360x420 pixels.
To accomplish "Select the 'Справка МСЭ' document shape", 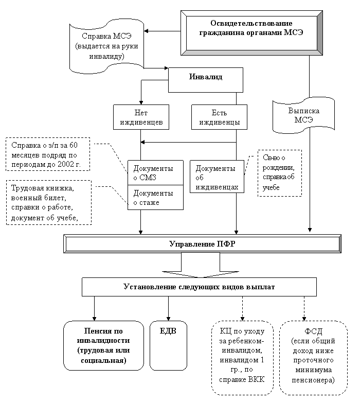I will [x=106, y=46].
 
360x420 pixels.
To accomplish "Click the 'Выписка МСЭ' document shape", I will [x=303, y=116].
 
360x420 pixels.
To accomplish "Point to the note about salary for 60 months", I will [x=48, y=154].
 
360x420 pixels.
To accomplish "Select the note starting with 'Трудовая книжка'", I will [x=48, y=202].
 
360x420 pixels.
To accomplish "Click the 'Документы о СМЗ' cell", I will [x=155, y=173].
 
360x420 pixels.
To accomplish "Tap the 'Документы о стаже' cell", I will [x=155, y=197].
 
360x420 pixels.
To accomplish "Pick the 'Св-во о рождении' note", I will [x=279, y=173].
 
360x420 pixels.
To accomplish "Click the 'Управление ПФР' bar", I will [x=202, y=243].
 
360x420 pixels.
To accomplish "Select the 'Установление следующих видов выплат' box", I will [x=199, y=287].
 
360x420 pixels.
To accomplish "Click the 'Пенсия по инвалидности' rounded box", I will [x=103, y=345].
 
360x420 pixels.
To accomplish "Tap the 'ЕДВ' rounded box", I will [x=168, y=345].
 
